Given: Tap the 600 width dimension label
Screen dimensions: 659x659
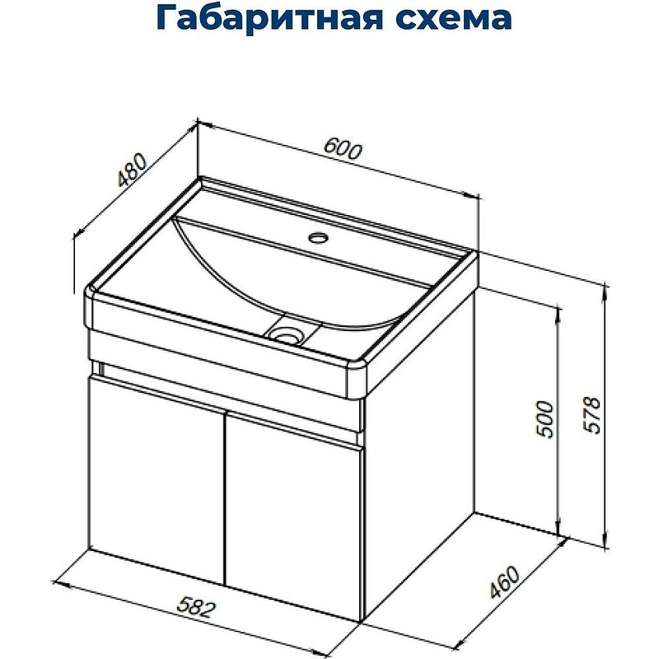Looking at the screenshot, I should (342, 148).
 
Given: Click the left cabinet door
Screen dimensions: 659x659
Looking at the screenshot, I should (157, 478).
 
